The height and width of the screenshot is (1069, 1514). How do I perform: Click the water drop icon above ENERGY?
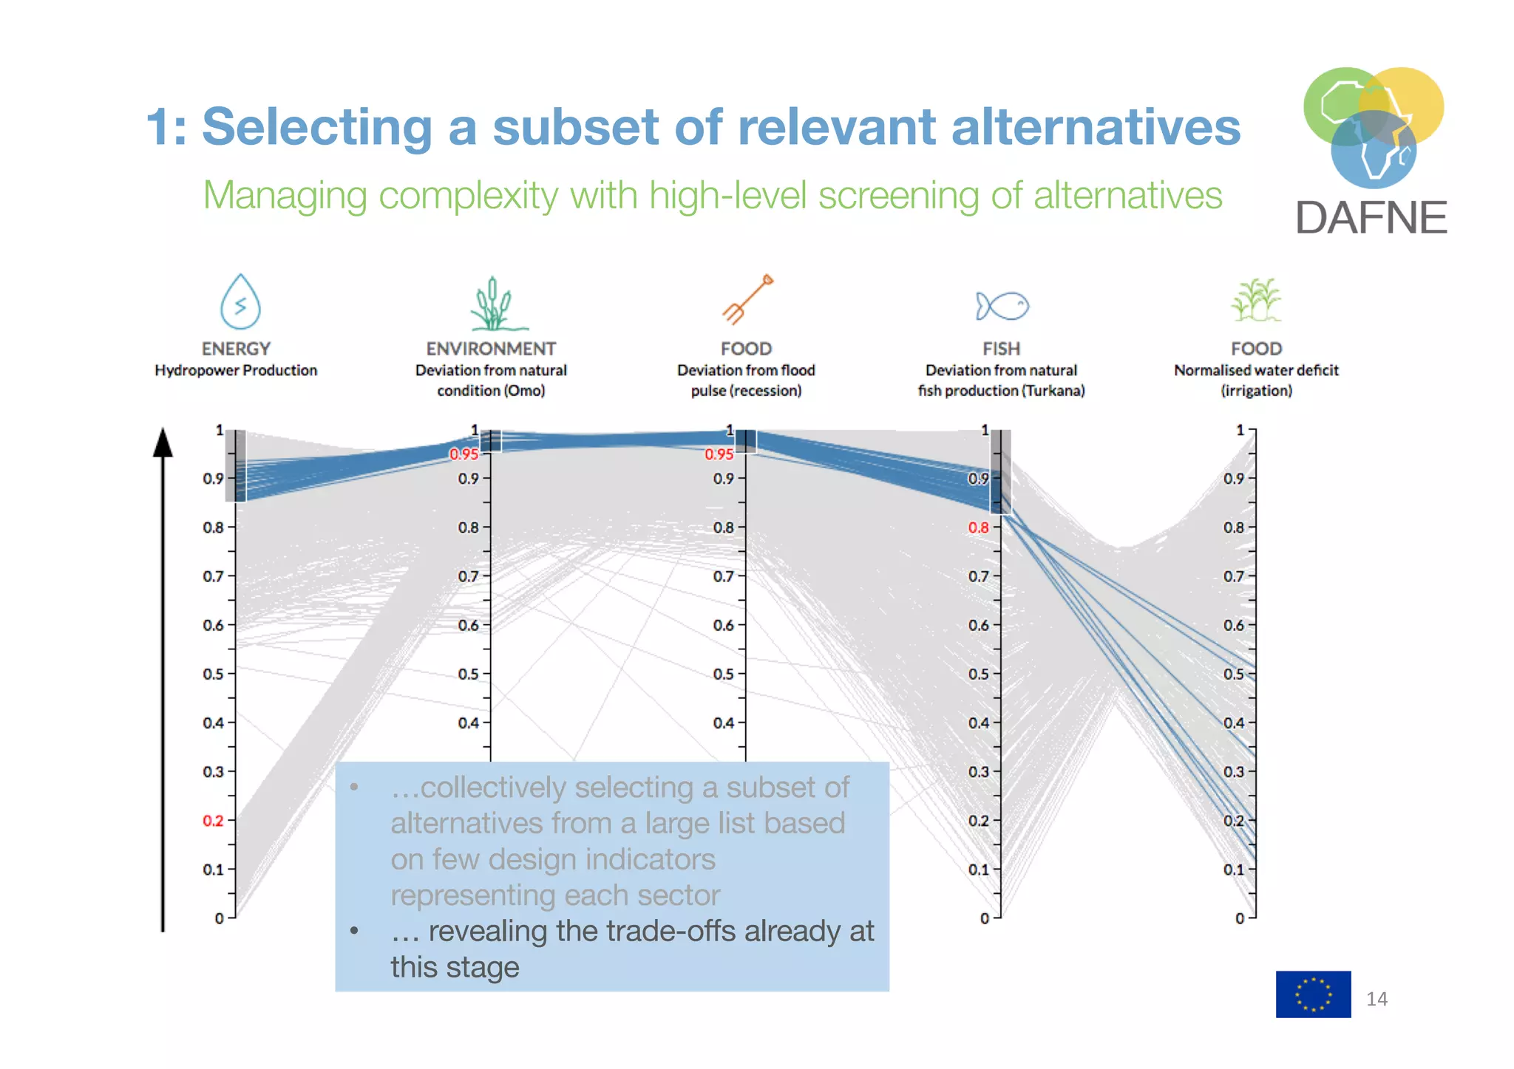coord(240,302)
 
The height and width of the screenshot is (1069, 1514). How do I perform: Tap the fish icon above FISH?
coord(1002,305)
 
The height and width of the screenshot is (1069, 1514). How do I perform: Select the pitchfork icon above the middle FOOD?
coord(747,299)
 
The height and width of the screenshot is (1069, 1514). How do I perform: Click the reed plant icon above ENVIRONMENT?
coord(493,304)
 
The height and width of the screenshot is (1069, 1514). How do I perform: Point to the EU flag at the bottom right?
coord(1313,994)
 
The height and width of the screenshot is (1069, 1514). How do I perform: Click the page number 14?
coord(1376,1000)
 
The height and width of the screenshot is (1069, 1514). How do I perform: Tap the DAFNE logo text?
coord(1371,218)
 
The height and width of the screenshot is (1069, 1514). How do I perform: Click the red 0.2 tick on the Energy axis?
coord(213,820)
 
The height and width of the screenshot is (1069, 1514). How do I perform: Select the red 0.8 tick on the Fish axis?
coord(978,527)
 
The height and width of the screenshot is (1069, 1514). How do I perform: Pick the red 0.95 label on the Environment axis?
coord(464,454)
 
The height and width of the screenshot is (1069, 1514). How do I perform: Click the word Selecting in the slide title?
coord(317,127)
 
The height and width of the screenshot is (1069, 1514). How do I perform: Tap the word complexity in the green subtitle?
coord(468,196)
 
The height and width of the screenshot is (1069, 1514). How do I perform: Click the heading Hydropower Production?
coord(236,370)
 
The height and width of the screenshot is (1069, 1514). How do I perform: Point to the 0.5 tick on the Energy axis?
coord(213,674)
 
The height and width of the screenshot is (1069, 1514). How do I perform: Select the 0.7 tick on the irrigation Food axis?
coord(1233,576)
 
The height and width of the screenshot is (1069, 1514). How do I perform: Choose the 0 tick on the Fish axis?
coord(984,918)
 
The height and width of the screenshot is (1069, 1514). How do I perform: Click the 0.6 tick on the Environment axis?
coord(469,625)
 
